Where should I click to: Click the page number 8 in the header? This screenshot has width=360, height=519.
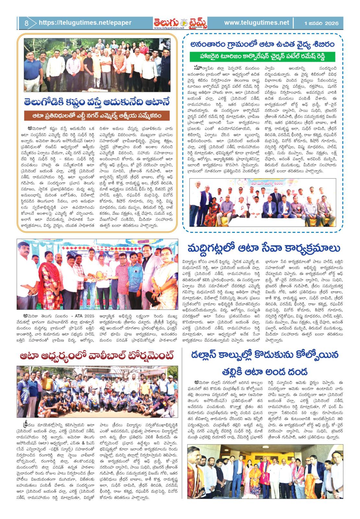26,23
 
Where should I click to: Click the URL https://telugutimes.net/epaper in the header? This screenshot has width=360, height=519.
85,23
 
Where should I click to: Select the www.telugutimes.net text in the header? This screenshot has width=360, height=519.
256,23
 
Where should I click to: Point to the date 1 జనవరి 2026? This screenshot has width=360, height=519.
321,23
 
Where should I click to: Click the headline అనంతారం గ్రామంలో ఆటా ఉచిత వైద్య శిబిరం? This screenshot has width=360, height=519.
262,44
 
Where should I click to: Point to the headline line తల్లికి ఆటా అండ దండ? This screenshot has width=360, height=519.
265,371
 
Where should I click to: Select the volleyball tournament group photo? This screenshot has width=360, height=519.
97,392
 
